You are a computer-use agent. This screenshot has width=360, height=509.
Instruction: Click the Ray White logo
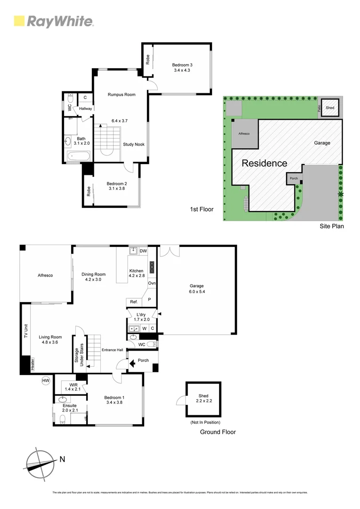[x=54, y=21]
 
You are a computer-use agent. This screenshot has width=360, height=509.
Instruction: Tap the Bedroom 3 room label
[x=181, y=67]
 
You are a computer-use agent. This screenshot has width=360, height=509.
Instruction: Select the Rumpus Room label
[x=122, y=95]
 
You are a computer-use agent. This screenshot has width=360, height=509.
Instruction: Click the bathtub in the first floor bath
[x=78, y=156]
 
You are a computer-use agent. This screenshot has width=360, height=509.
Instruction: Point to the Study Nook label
[x=134, y=145]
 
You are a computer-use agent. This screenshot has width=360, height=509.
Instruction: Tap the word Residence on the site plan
[x=264, y=164]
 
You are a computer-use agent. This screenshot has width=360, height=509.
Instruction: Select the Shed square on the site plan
[x=330, y=107]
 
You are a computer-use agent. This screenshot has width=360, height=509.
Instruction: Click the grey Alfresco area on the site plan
[x=244, y=134]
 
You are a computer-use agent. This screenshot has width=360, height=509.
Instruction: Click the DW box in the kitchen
[x=143, y=251]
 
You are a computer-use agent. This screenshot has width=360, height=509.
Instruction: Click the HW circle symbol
[x=46, y=380]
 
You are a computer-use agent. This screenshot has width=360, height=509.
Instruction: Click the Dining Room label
[x=93, y=277]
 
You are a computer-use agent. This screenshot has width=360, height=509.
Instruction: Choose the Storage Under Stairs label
[x=79, y=357]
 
